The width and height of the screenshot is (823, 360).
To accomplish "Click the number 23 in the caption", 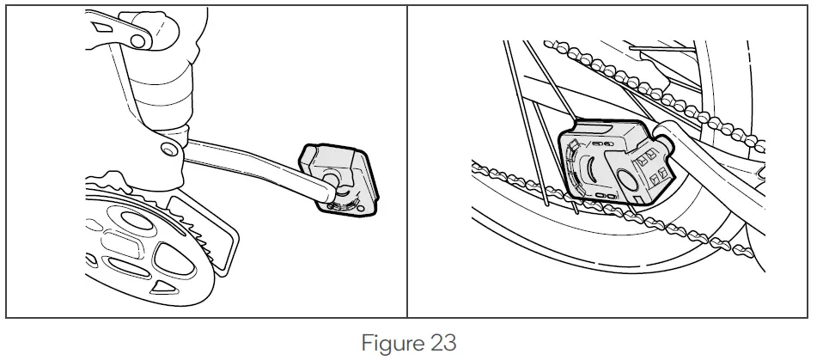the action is pyautogui.click(x=440, y=343).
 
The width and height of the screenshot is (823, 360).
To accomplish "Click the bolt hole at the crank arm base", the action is pyautogui.click(x=168, y=149).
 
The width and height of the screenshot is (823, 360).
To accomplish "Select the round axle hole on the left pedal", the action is pyautogui.click(x=331, y=175).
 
